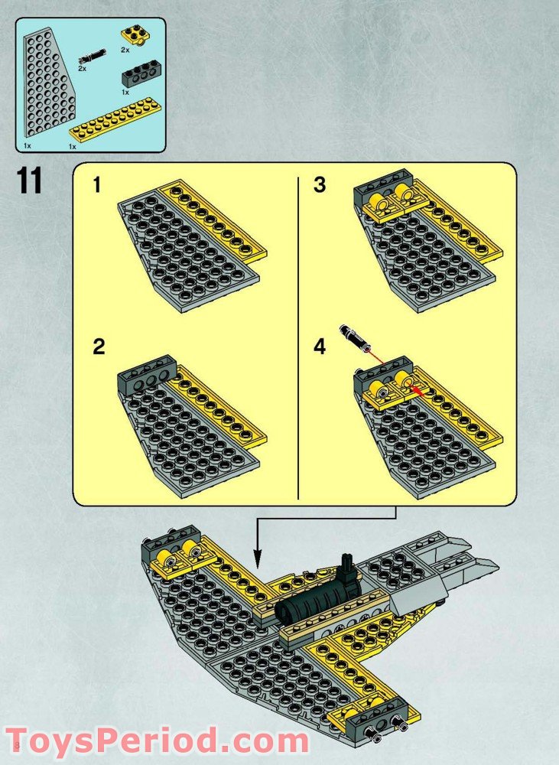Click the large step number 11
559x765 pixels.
click(x=29, y=183)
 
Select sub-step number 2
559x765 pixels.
click(x=99, y=347)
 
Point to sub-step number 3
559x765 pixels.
click(x=320, y=186)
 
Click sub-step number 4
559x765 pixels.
click(x=320, y=347)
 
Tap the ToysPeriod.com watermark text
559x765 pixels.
click(x=161, y=741)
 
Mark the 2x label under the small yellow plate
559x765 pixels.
click(x=125, y=49)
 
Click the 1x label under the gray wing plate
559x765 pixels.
click(x=27, y=145)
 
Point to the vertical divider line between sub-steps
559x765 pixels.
click(x=297, y=337)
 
